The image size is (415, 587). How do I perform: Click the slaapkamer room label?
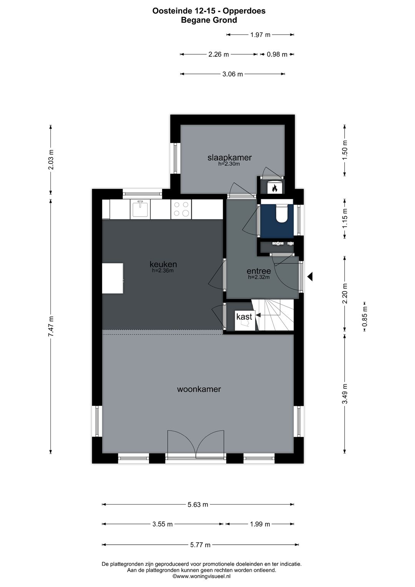pos(229,157)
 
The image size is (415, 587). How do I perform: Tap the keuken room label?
pos(163,264)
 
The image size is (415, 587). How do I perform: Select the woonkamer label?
pos(199,389)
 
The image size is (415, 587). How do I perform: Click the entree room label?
pos(259,271)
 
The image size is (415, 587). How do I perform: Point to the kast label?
pos(244,317)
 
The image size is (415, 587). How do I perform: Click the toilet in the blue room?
pos(282,214)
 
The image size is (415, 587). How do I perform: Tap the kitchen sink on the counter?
pos(140,209)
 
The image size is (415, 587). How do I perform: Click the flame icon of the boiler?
pos(274,188)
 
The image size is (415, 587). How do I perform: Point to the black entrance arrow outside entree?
pos(310,276)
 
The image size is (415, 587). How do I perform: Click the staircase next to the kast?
pos(276,315)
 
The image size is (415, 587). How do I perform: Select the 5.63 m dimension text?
pos(198,504)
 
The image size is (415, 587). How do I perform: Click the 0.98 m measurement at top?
pos(277,55)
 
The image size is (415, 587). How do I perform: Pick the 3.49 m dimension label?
pos(345,394)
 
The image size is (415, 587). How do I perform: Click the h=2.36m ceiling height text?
pos(163,270)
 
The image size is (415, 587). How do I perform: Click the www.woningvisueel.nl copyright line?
pos(201,576)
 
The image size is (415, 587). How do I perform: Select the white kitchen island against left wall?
pos(113,278)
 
